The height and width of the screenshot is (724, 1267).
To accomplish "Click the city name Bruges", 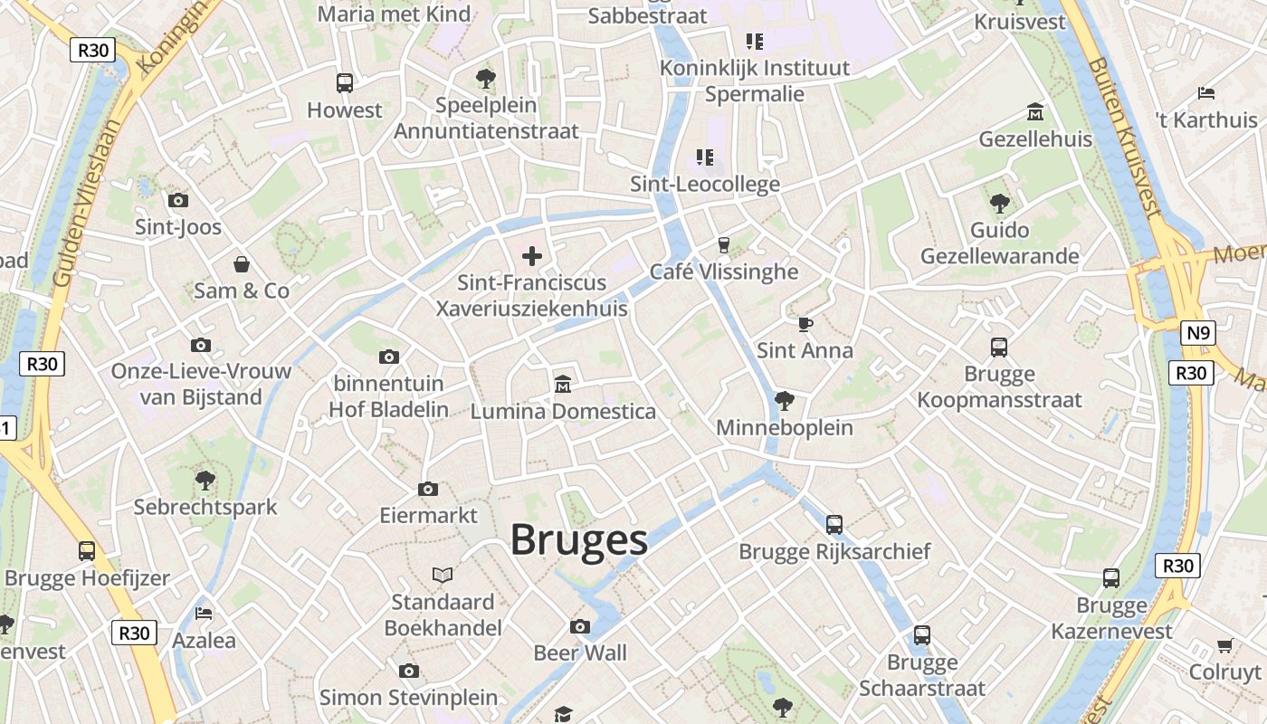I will click(579, 539).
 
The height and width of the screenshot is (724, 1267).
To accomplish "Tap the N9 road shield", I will click(1197, 333).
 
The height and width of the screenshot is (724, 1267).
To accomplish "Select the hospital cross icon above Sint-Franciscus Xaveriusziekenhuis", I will click(532, 256).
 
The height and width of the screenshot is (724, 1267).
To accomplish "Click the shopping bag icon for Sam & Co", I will click(242, 264).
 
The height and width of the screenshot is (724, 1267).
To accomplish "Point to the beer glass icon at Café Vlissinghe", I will click(723, 244).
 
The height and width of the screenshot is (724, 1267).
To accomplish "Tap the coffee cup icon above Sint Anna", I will click(805, 324).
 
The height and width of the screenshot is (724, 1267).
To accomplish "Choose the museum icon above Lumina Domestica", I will click(563, 385).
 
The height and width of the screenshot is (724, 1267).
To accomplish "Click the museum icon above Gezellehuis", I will click(1035, 113).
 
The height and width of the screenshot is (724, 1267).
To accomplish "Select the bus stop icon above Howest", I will click(345, 83).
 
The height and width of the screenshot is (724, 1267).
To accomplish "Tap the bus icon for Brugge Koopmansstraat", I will click(999, 347).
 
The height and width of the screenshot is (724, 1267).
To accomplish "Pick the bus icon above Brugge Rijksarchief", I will click(834, 524).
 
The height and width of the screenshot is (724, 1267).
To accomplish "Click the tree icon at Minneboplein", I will click(784, 400).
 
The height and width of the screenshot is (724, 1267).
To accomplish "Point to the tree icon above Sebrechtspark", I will click(205, 480).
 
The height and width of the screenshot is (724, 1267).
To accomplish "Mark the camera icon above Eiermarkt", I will click(428, 489).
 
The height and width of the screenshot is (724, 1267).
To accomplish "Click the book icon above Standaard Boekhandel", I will click(443, 575).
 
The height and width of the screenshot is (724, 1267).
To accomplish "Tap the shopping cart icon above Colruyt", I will click(1224, 645).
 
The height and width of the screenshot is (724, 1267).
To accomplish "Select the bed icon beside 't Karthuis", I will click(1205, 92).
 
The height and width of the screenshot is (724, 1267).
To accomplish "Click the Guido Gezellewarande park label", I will click(999, 243).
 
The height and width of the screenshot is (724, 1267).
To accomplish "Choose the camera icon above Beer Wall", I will click(580, 626).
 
